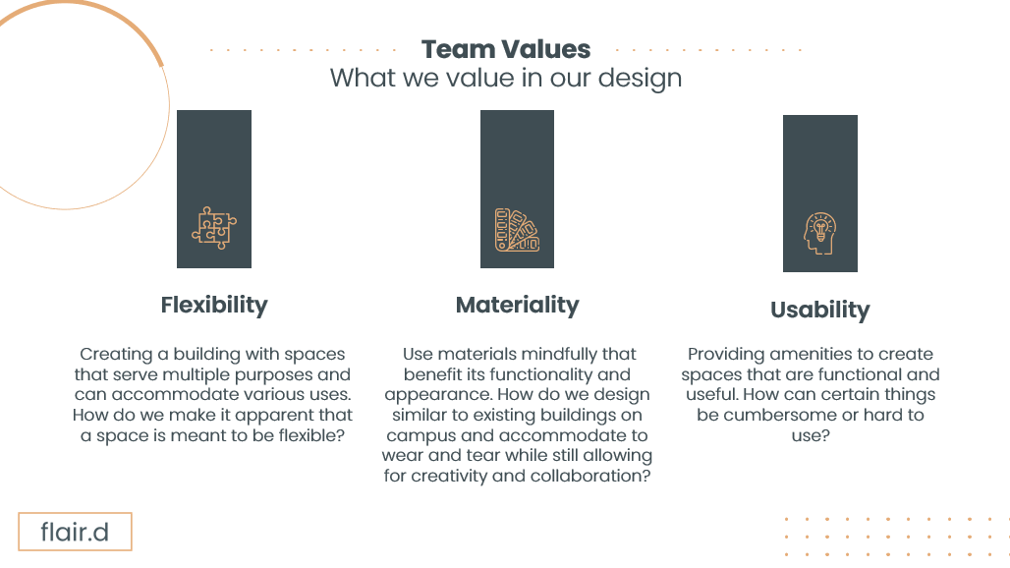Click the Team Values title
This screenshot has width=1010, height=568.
pos(506,49)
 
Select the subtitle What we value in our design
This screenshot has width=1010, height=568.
pos(506,78)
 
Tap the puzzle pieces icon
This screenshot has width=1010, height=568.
pos(214,227)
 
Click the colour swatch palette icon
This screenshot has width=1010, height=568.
pos(517,230)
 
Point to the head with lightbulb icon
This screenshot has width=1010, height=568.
pos(819,234)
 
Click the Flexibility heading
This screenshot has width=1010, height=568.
pos(214,305)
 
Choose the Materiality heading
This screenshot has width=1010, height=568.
pos(517,306)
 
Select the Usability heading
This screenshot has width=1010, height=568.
pos(819,311)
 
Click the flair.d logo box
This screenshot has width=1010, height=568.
pos(75,533)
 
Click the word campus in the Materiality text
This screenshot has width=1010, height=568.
pos(421,435)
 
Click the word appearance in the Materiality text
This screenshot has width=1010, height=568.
pos(452,395)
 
